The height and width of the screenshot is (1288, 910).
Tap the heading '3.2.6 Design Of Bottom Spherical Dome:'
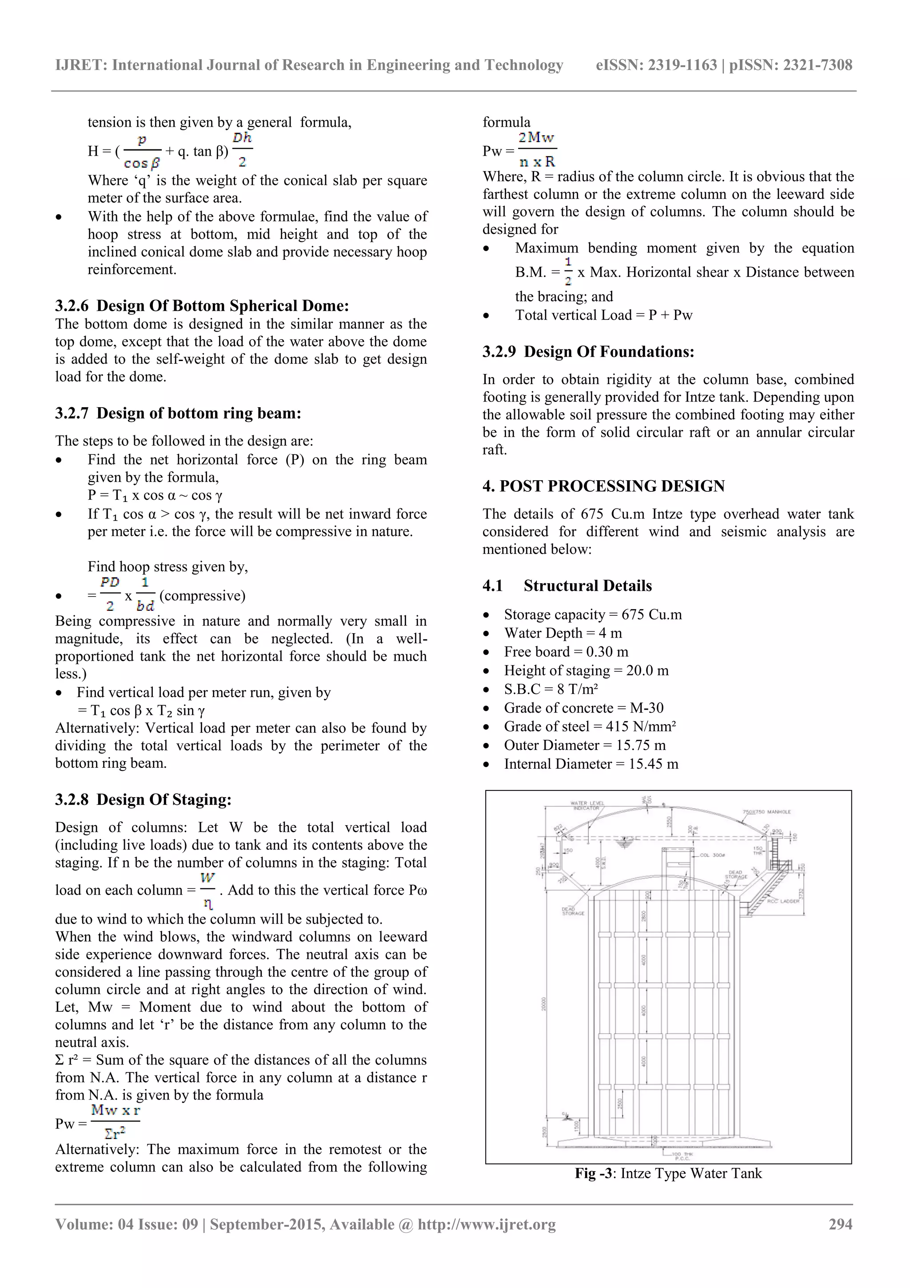coord(202,306)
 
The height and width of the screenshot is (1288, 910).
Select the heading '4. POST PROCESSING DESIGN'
coord(603,486)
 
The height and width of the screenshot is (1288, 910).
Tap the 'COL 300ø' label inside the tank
coord(712,855)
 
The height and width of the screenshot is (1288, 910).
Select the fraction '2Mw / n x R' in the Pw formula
coord(537,150)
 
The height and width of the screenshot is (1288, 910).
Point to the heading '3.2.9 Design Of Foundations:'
coord(588,352)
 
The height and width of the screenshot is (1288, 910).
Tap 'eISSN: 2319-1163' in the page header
coord(656,65)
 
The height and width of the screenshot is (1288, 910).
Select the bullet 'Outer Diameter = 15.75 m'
coord(584,745)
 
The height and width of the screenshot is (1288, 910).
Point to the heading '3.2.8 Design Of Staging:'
coord(143,799)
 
